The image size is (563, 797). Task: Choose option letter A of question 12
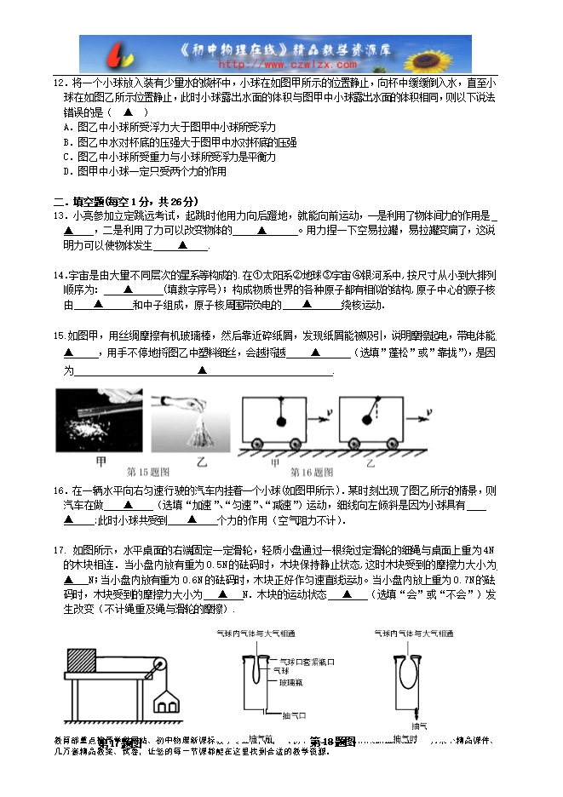[x=67, y=127]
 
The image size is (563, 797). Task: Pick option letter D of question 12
[x=67, y=171]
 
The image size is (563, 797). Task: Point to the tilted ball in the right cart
[x=369, y=417]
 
